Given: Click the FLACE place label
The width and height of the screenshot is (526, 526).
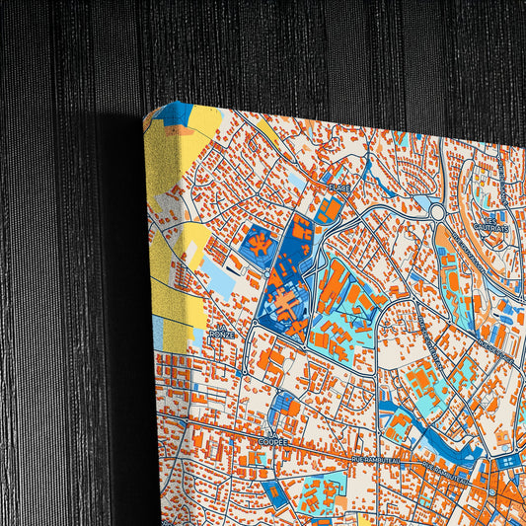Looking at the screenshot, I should (338, 188).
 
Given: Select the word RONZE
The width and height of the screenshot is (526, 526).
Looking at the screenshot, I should (221, 336).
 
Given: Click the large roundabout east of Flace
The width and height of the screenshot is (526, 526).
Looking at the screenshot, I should (437, 211).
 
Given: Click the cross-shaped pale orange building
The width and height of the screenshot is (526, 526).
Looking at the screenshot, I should (287, 305).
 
